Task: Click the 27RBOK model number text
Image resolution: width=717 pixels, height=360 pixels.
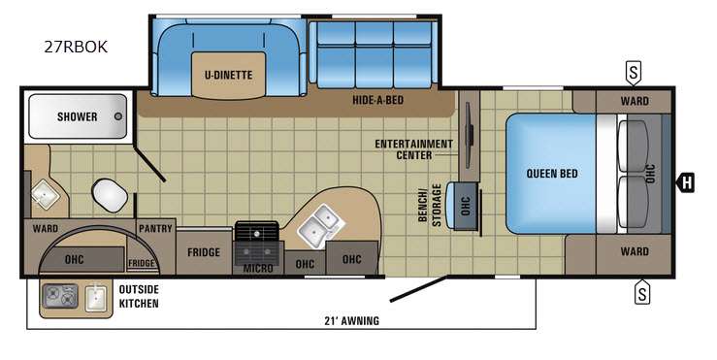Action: point(76,47)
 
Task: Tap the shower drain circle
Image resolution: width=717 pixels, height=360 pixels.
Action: point(118,116)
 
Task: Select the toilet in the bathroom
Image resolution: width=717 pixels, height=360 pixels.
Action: point(110,195)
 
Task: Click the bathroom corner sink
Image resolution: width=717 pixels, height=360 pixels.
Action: point(45,195)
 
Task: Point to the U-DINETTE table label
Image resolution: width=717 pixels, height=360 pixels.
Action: point(228,75)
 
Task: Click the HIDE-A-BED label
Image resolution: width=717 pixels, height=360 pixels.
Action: point(377,100)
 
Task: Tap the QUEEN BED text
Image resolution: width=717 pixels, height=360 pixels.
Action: point(552,174)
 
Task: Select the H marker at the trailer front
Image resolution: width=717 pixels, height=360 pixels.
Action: point(685,183)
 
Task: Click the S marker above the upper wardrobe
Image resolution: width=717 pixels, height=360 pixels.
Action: point(634,73)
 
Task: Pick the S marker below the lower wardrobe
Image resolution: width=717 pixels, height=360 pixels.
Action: point(642,292)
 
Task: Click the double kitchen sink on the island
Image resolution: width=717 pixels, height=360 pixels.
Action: point(321,224)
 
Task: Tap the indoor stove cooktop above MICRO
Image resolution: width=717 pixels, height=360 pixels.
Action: point(256,231)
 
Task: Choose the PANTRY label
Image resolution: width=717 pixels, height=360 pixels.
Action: point(155,228)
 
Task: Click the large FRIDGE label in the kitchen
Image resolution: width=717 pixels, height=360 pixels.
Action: point(204,252)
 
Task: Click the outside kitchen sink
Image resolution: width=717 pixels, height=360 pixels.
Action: point(96,298)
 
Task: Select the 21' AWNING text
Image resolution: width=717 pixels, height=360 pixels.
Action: point(351,320)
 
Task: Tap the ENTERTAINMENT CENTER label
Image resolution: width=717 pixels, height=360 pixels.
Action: point(414,149)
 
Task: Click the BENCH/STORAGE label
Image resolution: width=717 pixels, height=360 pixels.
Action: point(430,206)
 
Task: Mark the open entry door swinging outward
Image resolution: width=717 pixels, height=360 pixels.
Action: point(418,288)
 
